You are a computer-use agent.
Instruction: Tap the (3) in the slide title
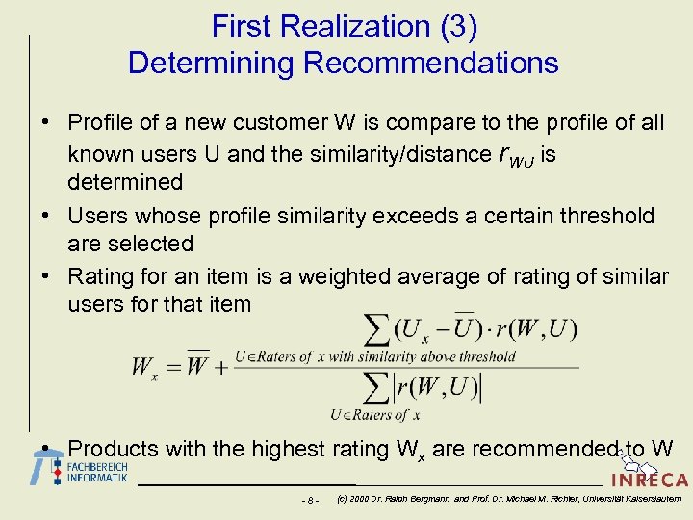point(457,27)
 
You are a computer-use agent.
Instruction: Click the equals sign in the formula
point(168,366)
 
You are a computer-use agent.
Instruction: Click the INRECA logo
point(649,479)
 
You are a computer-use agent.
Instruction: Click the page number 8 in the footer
point(309,500)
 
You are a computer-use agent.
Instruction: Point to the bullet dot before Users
point(45,216)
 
